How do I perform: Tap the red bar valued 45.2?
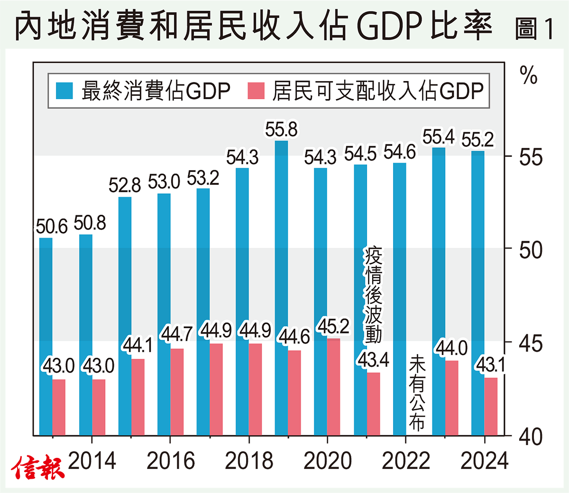334,386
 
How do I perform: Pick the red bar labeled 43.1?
491,406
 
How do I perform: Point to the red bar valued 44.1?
138,397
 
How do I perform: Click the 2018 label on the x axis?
249,461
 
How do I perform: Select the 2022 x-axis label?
406,461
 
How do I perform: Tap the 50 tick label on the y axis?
531,250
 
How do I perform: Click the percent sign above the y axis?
529,75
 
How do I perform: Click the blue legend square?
64,91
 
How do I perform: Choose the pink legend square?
256,91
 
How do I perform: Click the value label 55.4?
438,137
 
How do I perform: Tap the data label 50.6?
52,227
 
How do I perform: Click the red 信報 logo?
38,467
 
